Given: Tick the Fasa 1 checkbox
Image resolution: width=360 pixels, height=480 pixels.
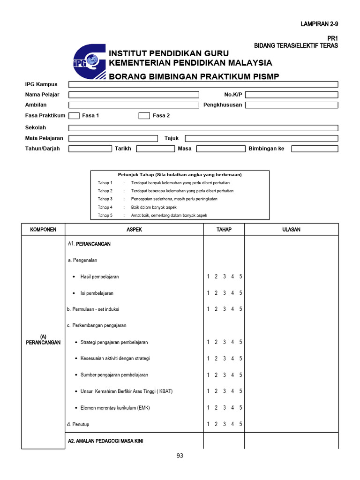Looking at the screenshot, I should pos(74,116).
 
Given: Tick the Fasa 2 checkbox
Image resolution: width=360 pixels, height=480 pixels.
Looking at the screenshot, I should pos(144,116).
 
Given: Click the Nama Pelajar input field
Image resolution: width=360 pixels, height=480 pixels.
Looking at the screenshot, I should pos(134,95).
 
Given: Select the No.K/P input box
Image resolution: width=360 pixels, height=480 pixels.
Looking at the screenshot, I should pos(291,95).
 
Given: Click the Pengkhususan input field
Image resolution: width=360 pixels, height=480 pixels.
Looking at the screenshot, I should pos(291,105).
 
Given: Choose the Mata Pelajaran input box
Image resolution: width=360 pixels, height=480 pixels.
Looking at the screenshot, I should pos(113,138).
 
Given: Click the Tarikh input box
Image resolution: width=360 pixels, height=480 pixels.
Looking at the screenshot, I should pos(155,149).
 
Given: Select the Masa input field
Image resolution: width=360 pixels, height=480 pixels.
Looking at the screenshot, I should pos(220,149).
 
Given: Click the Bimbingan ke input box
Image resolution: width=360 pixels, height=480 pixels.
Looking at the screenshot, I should pos(314,149).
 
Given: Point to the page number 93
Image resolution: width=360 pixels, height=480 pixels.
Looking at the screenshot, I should pos(180,456).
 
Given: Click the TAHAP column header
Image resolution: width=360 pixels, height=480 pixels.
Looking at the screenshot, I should pos(224,230).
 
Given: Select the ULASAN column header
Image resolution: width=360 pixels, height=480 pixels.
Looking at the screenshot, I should pos(291,230).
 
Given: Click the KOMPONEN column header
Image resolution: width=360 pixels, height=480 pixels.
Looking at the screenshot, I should pos(43,230).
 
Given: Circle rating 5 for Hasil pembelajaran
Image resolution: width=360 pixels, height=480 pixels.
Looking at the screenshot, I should pos(240,277).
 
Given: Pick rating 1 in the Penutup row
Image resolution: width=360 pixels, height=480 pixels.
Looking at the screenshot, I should pos(208,424).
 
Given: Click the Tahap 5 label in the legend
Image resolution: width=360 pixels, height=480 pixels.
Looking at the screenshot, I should pos(105,215).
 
